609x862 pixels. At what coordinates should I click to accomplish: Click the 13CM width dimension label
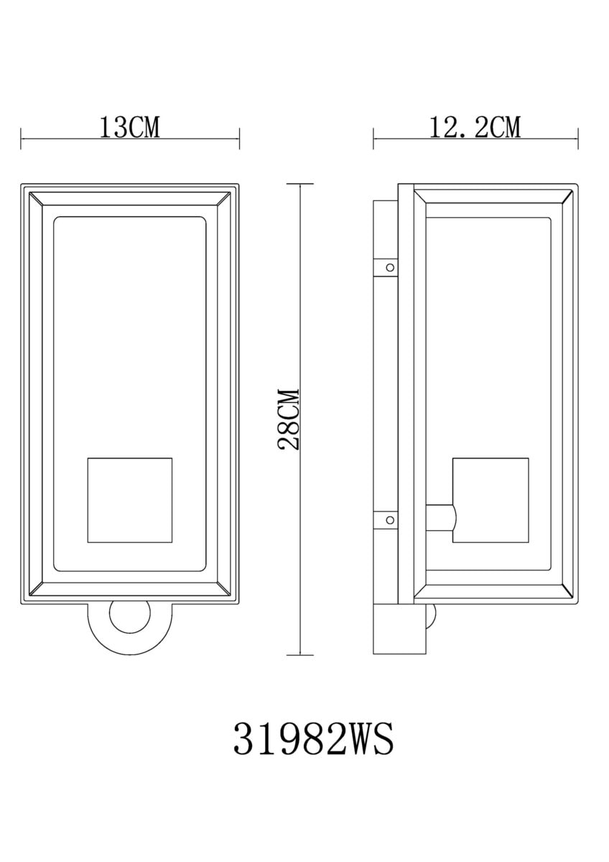[130, 127]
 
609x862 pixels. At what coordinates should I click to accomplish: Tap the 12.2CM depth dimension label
[475, 127]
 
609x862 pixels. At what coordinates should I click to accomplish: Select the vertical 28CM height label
[289, 419]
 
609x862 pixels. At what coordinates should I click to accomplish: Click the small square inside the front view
[130, 500]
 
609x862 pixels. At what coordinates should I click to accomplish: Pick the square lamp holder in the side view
[491, 500]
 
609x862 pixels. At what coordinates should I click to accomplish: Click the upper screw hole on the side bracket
[390, 267]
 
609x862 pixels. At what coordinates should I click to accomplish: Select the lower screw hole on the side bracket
[390, 520]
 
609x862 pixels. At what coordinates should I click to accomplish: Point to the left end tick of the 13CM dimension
[21, 139]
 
